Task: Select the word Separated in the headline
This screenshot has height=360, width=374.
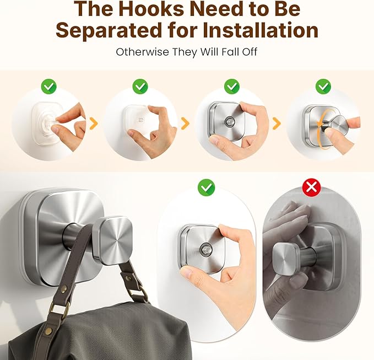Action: point(108,30)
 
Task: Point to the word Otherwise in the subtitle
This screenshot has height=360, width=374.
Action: point(143,52)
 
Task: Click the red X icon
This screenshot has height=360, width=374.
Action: point(311,187)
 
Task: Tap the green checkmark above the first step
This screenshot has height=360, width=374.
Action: point(49,86)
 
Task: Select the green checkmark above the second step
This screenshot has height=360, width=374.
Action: point(140,86)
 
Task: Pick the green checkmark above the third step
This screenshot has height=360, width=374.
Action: point(231,86)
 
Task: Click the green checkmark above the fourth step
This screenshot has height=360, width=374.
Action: point(323,86)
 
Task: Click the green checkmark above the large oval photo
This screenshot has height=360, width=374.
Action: point(207,187)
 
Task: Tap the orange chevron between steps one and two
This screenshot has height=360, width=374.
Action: point(94,123)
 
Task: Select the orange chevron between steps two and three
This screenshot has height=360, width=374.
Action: point(185,123)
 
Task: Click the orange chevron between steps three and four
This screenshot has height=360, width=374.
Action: point(277,123)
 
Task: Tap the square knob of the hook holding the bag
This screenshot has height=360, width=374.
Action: point(112,240)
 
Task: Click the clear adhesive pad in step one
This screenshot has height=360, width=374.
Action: point(46,123)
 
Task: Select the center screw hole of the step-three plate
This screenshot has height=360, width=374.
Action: point(230,122)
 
